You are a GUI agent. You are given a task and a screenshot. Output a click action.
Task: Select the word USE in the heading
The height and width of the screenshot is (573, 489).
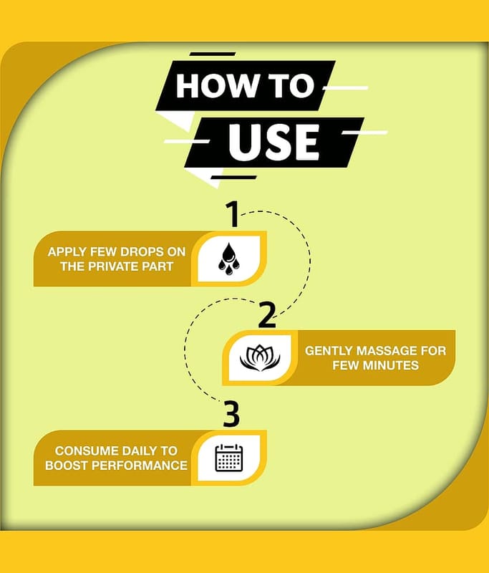(274, 142)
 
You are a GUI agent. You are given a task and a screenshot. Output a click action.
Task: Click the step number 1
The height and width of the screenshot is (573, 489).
(232, 214)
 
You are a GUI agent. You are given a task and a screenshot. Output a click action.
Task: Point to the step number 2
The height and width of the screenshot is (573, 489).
(267, 314)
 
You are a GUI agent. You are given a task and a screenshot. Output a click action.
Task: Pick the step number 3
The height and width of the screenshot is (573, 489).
(231, 414)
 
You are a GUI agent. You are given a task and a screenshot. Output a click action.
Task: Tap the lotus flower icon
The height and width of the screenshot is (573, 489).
(260, 358)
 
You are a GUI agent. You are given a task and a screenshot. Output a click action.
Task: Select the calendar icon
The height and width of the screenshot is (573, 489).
(229, 458)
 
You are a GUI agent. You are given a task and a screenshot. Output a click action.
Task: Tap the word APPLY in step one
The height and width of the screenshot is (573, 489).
(67, 252)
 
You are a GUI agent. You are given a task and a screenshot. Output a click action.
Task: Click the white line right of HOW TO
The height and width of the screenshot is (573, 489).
(346, 88)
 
